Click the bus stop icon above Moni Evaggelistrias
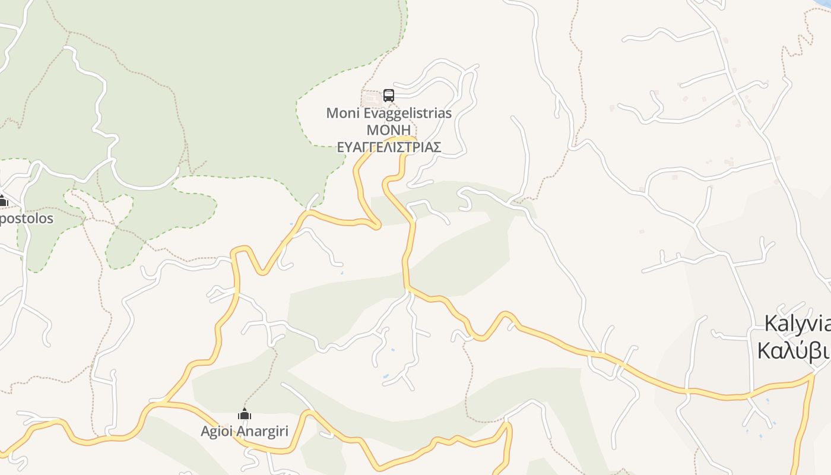[388, 95]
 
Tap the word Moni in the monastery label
[342, 113]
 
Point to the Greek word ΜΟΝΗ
[389, 130]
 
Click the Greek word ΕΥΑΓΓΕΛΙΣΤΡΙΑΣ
[389, 147]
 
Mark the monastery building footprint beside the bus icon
[372, 98]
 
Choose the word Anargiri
[263, 431]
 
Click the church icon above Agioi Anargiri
[244, 414]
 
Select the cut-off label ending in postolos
[26, 218]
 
